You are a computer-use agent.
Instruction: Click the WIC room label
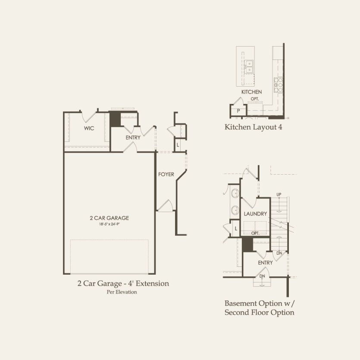click(89, 128)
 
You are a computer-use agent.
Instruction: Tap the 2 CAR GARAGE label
click(109, 218)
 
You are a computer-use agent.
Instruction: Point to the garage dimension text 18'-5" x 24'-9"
click(109, 224)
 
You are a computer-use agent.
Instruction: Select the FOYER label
click(166, 174)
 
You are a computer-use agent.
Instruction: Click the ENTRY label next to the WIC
click(133, 138)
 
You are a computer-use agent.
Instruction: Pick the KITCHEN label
click(252, 92)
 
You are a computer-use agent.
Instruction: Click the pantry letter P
click(238, 111)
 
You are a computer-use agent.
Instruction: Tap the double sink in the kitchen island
click(249, 66)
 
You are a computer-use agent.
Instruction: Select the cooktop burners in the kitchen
click(278, 85)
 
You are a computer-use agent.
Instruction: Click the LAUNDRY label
click(255, 214)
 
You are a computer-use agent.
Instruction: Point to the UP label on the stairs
click(279, 194)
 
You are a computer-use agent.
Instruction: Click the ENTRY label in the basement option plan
click(265, 263)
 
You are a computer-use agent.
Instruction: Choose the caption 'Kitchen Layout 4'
click(253, 127)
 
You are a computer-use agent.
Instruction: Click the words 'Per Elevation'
click(122, 292)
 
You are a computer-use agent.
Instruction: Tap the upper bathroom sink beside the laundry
click(235, 194)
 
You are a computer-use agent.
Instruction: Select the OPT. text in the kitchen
click(255, 99)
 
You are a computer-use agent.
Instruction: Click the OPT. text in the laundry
click(255, 233)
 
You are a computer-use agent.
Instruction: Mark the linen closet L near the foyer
click(178, 145)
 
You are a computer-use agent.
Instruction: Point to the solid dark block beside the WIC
click(115, 119)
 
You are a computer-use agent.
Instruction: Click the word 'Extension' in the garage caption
click(152, 283)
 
